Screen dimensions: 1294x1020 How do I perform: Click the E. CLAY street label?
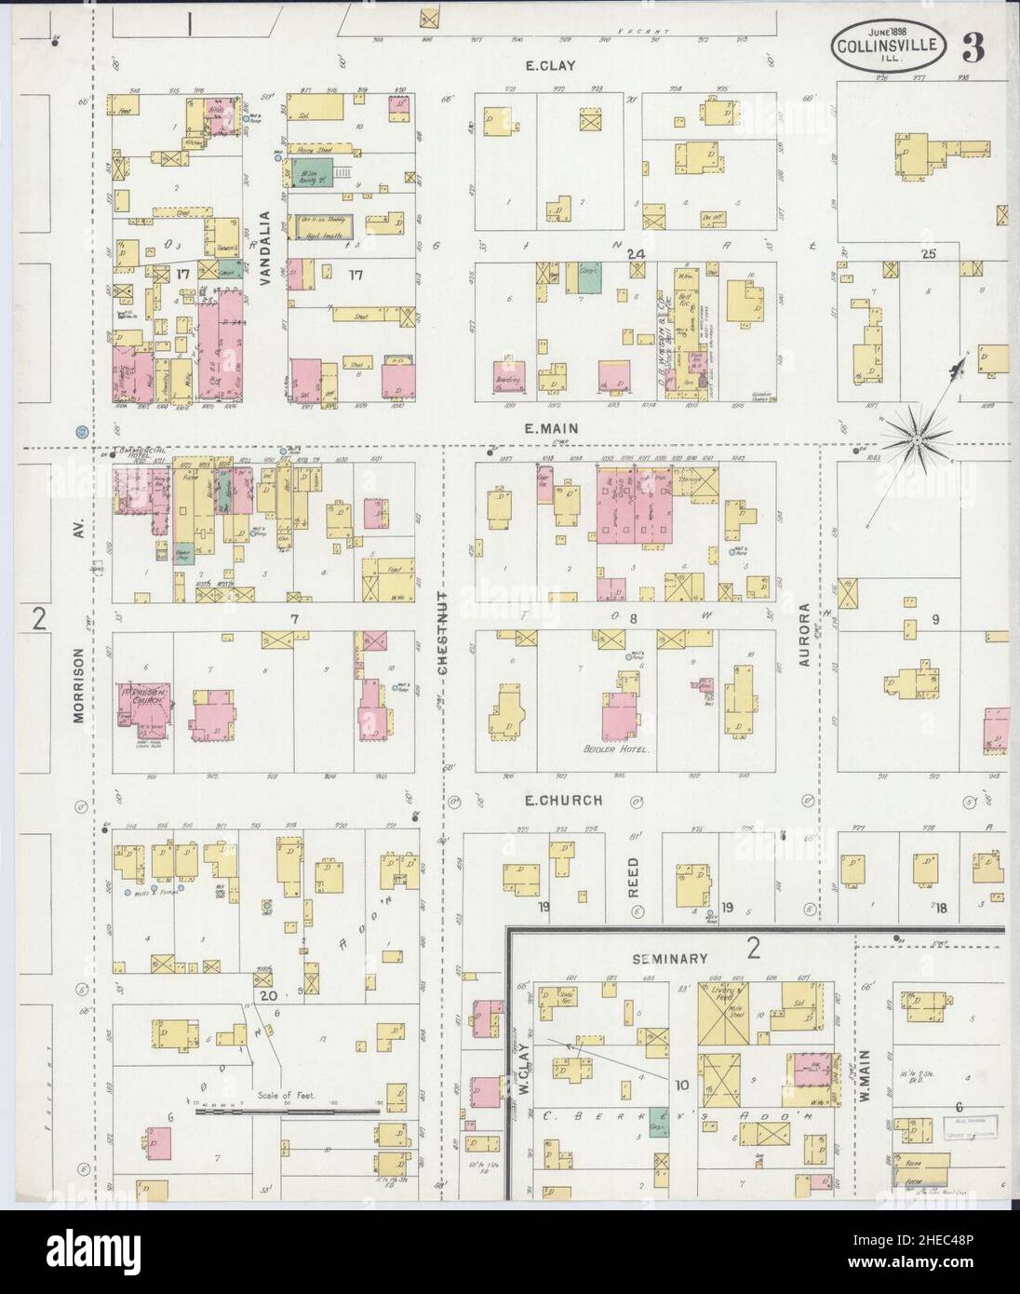point(550,65)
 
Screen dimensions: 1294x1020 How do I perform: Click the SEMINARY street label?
point(670,958)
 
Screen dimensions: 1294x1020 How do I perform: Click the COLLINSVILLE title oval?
point(892,44)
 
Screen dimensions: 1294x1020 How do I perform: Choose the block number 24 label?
point(637,254)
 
